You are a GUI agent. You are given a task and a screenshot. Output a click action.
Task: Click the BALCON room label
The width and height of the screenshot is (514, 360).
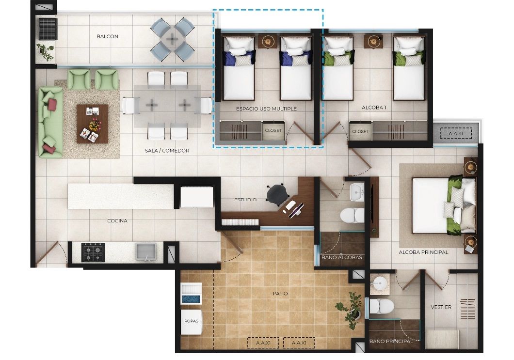click(x=107, y=36)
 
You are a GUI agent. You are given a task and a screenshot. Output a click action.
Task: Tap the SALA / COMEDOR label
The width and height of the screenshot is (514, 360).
click(x=167, y=151)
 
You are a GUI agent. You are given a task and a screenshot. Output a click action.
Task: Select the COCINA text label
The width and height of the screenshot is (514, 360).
click(x=117, y=221)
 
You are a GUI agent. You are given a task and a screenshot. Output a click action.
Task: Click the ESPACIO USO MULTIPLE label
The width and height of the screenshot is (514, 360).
click(x=266, y=109)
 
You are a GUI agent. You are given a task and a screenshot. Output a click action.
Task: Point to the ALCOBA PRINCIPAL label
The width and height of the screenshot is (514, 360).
click(x=423, y=252)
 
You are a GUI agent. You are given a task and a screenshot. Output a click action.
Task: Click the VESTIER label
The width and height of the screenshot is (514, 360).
click(x=441, y=307)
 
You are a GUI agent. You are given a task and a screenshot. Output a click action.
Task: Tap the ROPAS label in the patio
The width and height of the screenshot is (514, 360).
click(x=191, y=321)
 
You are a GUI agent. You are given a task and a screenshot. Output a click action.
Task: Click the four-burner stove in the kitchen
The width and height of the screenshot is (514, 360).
click(x=93, y=252)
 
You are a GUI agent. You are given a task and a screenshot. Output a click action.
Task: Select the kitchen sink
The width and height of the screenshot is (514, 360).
click(x=146, y=251)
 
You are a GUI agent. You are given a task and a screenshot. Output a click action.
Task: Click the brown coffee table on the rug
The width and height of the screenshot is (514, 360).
click(x=92, y=124)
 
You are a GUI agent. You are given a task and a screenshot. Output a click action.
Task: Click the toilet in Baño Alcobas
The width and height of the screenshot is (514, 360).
click(x=352, y=215)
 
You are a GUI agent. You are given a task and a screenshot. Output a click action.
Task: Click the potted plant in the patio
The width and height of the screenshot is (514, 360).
click(x=350, y=306)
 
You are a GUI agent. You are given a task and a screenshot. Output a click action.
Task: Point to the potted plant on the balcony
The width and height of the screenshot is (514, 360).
click(x=46, y=51)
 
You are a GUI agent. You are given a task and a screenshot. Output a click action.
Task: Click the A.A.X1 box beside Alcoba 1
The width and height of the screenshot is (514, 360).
click(x=456, y=132)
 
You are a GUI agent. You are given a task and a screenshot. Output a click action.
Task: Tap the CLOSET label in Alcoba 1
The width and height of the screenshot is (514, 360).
click(x=360, y=131)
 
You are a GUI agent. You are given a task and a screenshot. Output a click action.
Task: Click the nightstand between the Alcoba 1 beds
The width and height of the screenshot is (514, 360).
click(x=373, y=42)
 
